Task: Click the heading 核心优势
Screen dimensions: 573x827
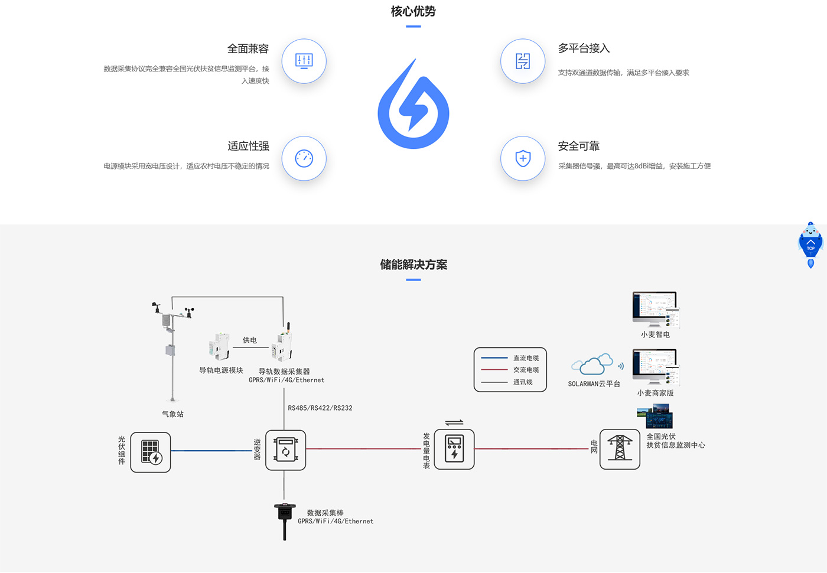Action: click(413, 12)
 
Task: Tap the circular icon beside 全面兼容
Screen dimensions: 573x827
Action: click(304, 61)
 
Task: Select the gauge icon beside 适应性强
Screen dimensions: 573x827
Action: click(304, 158)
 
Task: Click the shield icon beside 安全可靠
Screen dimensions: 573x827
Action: click(523, 158)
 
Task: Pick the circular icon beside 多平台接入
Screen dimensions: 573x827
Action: click(523, 61)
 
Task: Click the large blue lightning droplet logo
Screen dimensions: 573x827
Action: click(413, 106)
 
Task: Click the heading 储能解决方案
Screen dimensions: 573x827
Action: click(413, 265)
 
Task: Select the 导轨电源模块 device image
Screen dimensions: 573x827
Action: click(219, 347)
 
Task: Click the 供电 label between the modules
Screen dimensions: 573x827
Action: click(250, 340)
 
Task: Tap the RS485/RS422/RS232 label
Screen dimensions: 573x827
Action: click(320, 408)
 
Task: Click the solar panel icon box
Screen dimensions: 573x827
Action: click(151, 452)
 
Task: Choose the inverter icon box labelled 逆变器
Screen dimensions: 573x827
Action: click(285, 450)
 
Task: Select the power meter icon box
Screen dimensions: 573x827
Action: click(454, 449)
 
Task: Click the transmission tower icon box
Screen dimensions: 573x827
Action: click(620, 449)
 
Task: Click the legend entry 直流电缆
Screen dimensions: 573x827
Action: click(526, 358)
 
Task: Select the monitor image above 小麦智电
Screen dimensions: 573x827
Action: click(655, 309)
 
